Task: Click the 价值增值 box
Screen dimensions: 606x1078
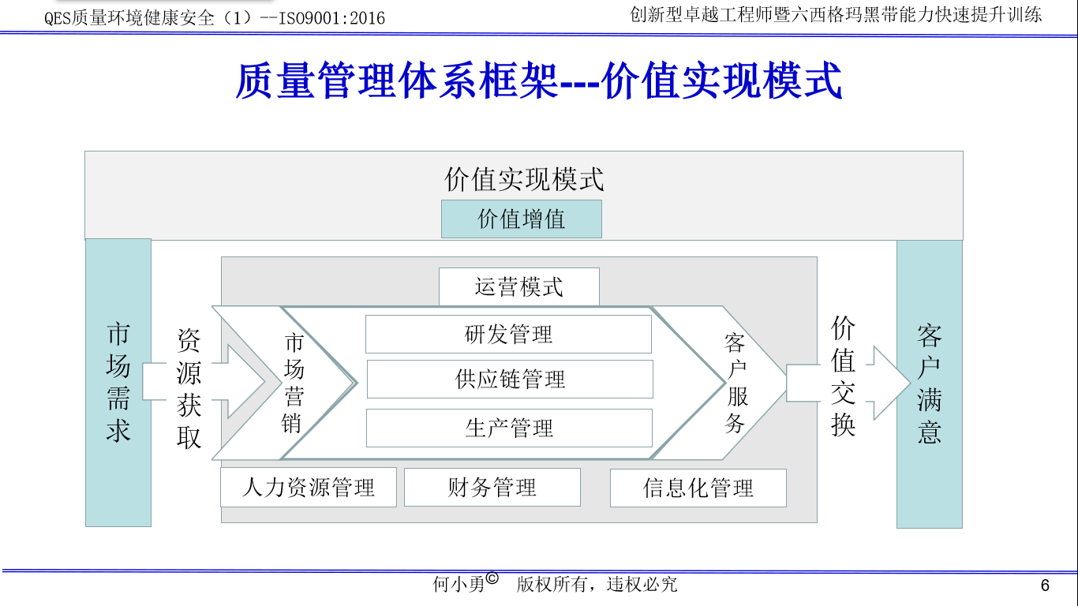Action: (x=521, y=219)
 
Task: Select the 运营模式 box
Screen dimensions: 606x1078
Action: (x=518, y=286)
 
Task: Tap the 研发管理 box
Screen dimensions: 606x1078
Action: (x=508, y=335)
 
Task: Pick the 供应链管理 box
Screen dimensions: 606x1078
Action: (x=510, y=380)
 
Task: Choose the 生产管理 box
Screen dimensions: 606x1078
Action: (x=509, y=428)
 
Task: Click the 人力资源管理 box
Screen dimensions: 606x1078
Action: (x=308, y=488)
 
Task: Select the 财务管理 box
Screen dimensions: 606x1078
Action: (x=492, y=488)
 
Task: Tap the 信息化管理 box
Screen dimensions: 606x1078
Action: (x=698, y=488)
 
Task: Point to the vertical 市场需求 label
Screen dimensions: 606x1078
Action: (x=118, y=383)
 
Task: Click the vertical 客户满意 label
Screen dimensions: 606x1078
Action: (x=929, y=383)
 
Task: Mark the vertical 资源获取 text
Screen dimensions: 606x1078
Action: (x=189, y=388)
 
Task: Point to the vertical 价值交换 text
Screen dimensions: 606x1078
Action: (x=843, y=376)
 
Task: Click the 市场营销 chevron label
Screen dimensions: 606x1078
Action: (x=294, y=383)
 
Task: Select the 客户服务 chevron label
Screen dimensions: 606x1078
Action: (x=736, y=383)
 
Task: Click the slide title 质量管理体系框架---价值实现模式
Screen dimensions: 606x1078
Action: (x=539, y=81)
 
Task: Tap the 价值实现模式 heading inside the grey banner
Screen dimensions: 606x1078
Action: (x=523, y=180)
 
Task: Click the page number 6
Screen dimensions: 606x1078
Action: (x=1045, y=585)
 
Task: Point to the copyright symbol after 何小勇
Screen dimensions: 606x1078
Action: (x=492, y=578)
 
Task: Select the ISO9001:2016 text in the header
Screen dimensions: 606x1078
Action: (x=335, y=17)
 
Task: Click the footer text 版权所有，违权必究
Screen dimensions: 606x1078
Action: (x=597, y=585)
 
